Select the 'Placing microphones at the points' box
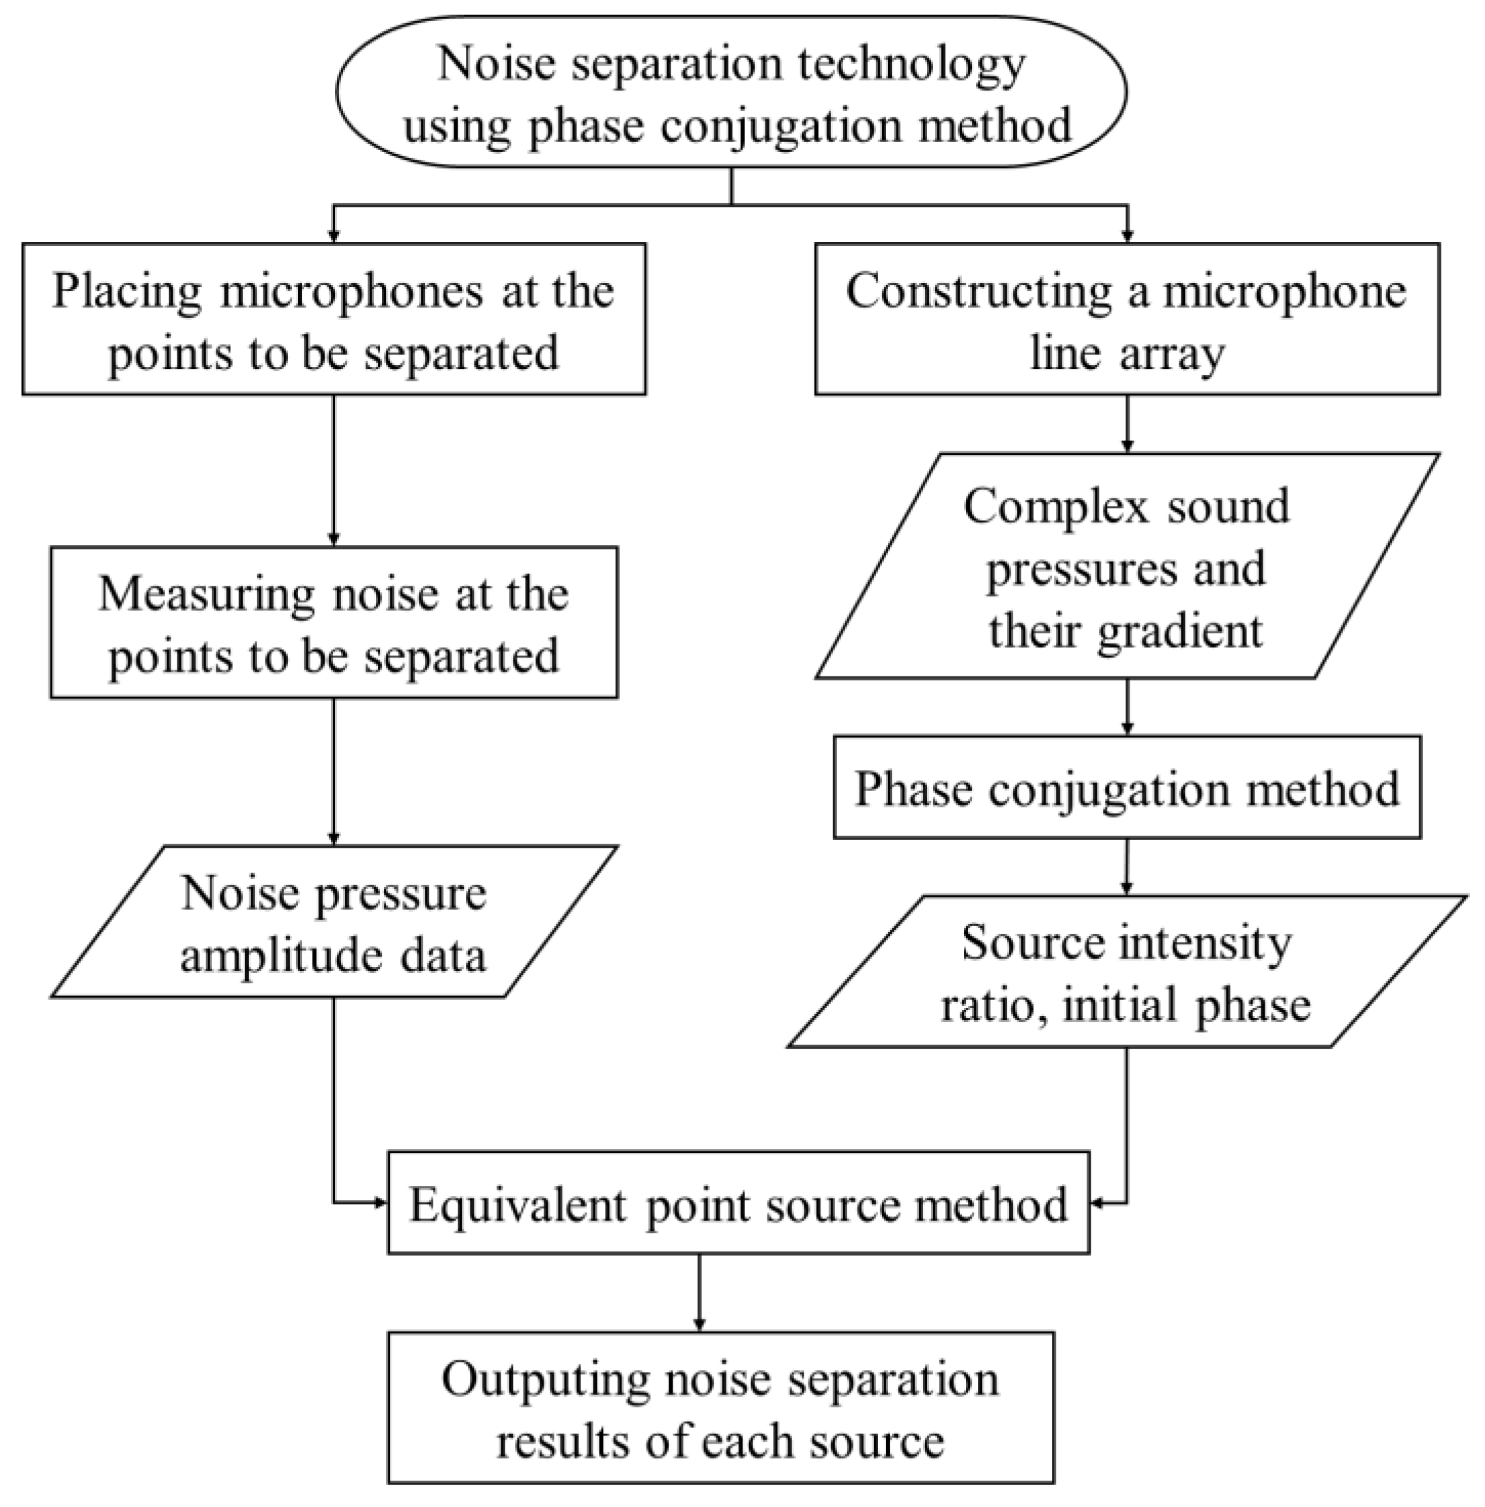pos(334,319)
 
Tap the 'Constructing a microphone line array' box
pos(1126,319)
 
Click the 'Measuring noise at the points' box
pos(334,621)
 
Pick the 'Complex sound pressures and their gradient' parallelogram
pos(1126,565)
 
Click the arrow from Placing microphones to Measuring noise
pos(334,468)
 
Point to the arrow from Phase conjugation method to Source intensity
pos(1126,865)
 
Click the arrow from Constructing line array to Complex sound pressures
pos(1126,423)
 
